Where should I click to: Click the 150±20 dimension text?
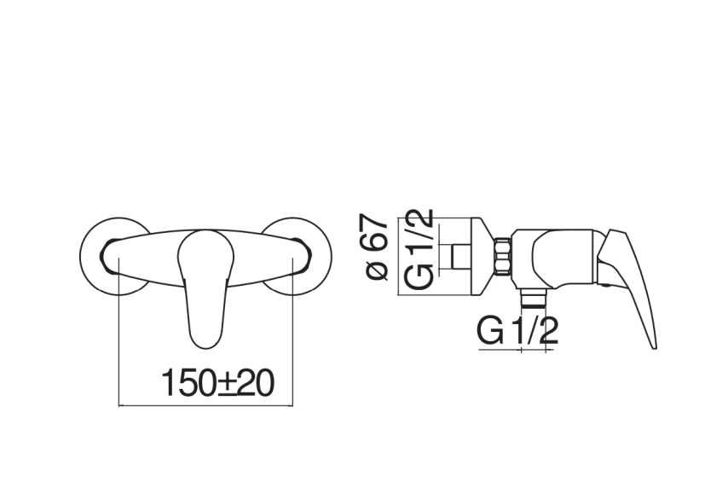pyautogui.click(x=217, y=383)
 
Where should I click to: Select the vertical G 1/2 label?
pyautogui.click(x=419, y=250)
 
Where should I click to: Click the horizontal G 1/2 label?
pyautogui.click(x=517, y=330)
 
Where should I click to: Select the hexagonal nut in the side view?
pyautogui.click(x=502, y=256)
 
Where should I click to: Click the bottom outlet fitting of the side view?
pyautogui.click(x=532, y=298)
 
